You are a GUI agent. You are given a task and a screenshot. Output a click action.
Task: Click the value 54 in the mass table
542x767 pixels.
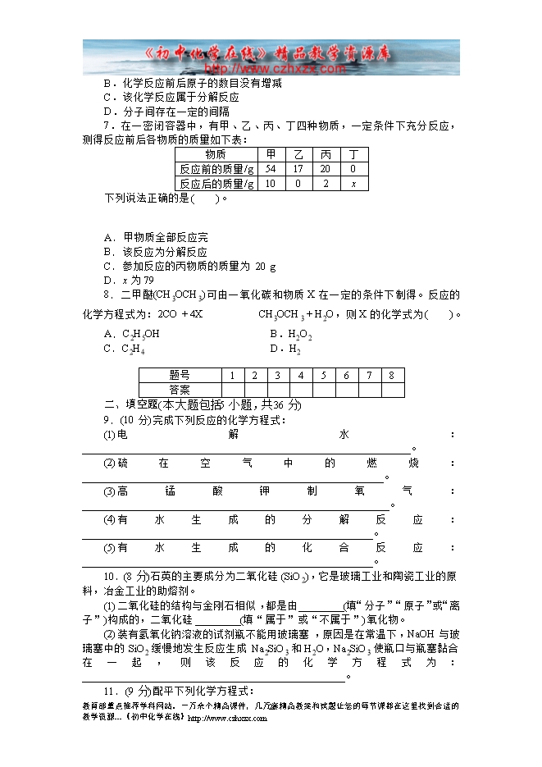271,169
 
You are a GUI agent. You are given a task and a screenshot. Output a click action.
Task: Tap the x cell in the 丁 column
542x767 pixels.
353,184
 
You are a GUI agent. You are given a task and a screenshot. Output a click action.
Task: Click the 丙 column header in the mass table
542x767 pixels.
326,154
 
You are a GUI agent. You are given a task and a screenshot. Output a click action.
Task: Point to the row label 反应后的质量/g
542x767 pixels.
216,184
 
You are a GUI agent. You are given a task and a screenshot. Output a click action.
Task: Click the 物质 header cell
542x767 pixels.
216,154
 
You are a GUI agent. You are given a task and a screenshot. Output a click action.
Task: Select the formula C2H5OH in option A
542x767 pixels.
141,335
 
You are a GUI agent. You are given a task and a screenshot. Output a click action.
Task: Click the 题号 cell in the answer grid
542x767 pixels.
180,376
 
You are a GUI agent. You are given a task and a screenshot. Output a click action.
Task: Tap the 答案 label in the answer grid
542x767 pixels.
180,390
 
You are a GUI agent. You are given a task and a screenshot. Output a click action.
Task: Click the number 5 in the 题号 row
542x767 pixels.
324,376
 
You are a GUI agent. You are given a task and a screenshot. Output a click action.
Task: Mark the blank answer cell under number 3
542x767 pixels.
278,390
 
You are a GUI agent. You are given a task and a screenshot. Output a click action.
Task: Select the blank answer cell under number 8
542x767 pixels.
392,390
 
